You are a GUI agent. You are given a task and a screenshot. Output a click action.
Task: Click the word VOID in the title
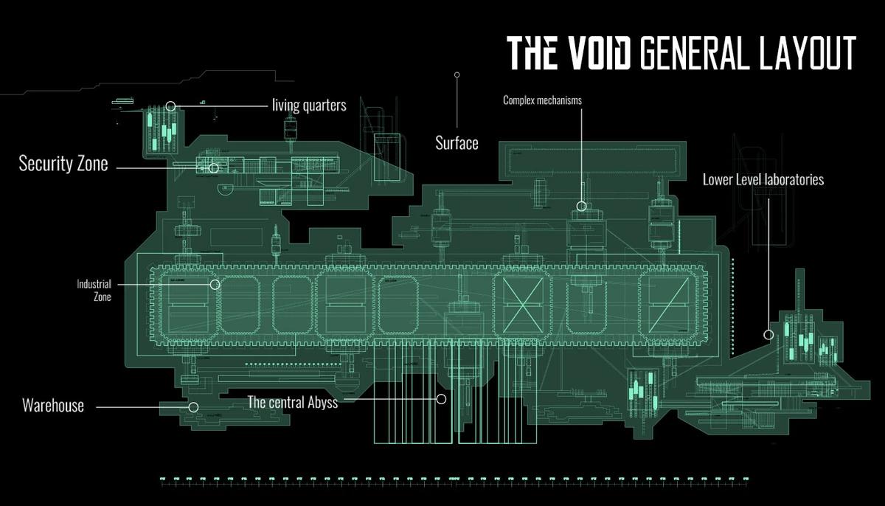click(594, 52)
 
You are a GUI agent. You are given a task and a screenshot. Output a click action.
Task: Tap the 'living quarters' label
click(309, 105)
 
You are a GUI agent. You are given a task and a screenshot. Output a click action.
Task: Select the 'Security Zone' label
click(63, 164)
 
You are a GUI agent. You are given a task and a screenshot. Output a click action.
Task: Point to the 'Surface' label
click(457, 143)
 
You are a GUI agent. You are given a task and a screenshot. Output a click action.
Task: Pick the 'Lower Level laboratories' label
click(763, 179)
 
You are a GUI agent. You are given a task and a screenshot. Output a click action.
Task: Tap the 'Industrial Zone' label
click(94, 290)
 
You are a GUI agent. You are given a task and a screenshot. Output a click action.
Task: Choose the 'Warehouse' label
click(53, 405)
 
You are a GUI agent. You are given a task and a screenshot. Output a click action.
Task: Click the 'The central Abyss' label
click(293, 403)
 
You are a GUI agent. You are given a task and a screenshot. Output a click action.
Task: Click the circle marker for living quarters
click(171, 106)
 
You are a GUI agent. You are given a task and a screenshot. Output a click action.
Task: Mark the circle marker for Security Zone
click(214, 168)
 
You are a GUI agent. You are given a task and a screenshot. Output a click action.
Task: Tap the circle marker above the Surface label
click(457, 74)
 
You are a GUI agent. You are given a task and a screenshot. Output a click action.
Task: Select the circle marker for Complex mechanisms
click(581, 207)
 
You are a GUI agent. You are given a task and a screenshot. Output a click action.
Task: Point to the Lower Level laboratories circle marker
click(768, 335)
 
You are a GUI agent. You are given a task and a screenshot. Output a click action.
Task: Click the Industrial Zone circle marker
click(215, 284)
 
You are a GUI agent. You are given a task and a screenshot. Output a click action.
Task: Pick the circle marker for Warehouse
click(193, 406)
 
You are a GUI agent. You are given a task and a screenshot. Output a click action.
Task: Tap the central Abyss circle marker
click(441, 399)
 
